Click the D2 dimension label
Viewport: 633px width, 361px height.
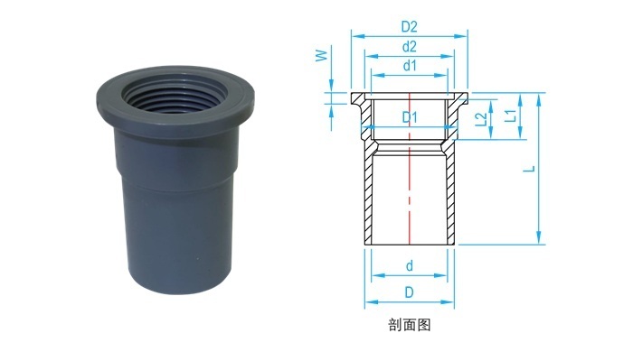click(x=409, y=26)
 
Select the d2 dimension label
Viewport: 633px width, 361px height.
click(x=409, y=47)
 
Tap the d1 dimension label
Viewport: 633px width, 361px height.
click(x=410, y=65)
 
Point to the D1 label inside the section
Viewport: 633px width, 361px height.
click(x=410, y=117)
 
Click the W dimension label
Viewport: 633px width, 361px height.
click(x=322, y=55)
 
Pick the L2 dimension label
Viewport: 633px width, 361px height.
click(x=481, y=119)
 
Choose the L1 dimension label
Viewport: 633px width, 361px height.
click(x=511, y=116)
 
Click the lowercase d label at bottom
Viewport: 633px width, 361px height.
click(x=410, y=266)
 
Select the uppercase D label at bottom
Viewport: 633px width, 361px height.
click(x=410, y=292)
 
